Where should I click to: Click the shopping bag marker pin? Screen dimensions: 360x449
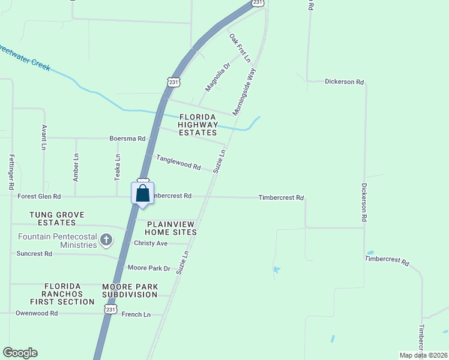click(x=142, y=194)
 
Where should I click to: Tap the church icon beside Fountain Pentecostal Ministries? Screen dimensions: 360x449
click(x=106, y=241)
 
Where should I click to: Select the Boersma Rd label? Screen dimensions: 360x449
click(x=127, y=138)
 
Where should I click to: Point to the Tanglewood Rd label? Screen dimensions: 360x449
click(x=178, y=162)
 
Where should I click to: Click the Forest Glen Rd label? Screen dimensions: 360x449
click(x=40, y=196)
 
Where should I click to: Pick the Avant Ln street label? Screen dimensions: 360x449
click(x=44, y=137)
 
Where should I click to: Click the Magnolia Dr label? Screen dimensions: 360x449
click(x=218, y=77)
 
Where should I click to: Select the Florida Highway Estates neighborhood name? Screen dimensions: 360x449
click(x=197, y=124)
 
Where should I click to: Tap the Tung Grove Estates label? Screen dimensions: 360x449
click(x=58, y=218)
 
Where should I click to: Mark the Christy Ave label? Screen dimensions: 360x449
click(x=151, y=243)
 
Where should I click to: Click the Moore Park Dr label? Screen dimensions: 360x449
click(x=149, y=268)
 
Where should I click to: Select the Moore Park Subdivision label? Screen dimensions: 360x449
click(x=130, y=290)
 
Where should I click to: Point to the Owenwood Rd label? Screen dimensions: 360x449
click(x=37, y=313)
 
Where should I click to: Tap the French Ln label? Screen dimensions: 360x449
click(x=136, y=314)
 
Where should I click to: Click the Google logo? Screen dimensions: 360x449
click(x=20, y=353)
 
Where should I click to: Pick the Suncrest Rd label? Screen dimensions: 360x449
click(x=34, y=254)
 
